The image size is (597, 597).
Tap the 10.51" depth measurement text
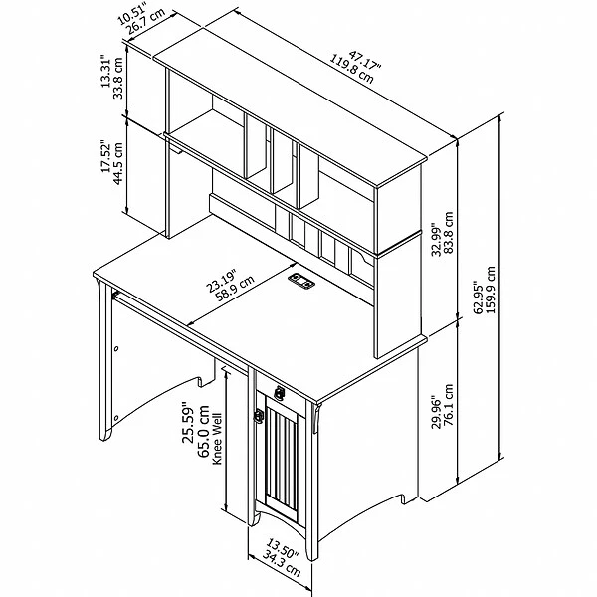pos(131,12)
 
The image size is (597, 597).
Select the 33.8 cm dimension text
pos(118,78)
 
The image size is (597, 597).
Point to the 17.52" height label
pos(106,157)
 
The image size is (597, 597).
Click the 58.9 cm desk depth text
pos(235,289)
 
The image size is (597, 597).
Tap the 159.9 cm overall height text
pos(491,290)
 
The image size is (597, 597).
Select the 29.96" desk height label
pos(436,413)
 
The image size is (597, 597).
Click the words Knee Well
pos(217,439)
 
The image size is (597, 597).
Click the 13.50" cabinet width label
pos(282,548)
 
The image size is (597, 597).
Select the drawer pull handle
pos(280,393)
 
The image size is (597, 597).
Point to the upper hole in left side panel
pos(116,348)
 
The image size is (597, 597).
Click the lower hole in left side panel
pos(116,418)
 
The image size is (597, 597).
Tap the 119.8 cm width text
pos(351,70)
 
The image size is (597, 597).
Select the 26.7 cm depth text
pos(146,21)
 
